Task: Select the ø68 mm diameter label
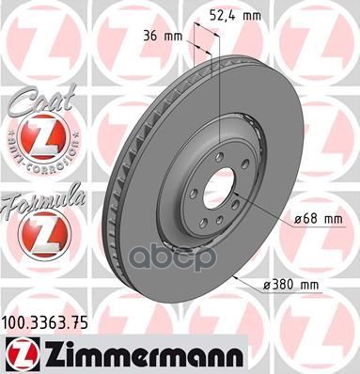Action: (x=317, y=219)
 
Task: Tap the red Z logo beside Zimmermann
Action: (x=18, y=351)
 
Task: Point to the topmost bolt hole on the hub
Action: (x=219, y=155)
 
